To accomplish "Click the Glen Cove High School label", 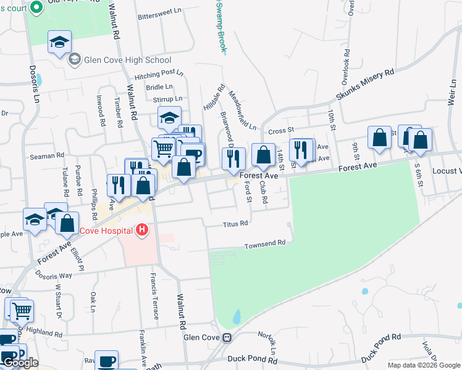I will point(127,60).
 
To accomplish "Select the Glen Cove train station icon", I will point(228,337).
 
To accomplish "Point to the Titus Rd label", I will point(235,223).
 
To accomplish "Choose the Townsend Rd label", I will point(265,243).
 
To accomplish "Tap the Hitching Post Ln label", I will point(159,75).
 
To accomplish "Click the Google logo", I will point(20,363).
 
